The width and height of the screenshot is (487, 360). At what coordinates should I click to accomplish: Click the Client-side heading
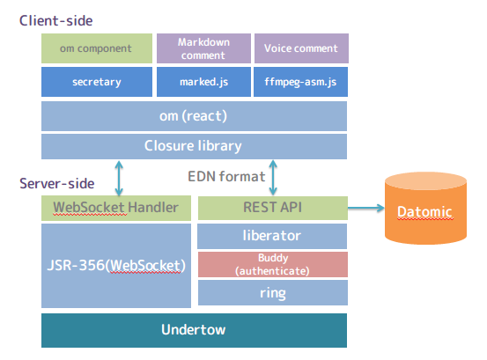click(x=55, y=19)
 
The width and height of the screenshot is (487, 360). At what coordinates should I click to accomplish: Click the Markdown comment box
click(x=203, y=48)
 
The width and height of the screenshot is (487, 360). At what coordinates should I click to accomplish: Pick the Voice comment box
click(x=300, y=48)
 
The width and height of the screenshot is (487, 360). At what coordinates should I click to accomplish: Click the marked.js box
click(x=203, y=83)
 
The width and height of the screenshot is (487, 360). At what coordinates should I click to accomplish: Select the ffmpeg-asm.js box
click(x=300, y=83)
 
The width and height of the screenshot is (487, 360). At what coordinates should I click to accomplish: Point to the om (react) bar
click(x=194, y=115)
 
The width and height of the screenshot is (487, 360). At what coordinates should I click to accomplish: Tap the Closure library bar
click(x=194, y=145)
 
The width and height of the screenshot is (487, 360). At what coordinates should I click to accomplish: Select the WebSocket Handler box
click(x=115, y=209)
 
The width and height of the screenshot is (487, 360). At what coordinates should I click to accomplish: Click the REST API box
click(x=272, y=209)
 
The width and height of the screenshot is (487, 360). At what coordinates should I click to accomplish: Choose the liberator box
click(x=272, y=236)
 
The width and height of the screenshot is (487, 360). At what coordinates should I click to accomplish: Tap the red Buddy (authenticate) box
click(x=272, y=264)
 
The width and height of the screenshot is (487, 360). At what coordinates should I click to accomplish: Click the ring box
click(x=272, y=292)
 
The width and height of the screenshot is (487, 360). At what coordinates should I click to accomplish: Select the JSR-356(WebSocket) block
click(x=115, y=265)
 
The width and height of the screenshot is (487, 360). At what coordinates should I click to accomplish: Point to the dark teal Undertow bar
click(x=194, y=330)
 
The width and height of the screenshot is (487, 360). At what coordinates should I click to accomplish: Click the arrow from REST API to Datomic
click(x=365, y=209)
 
